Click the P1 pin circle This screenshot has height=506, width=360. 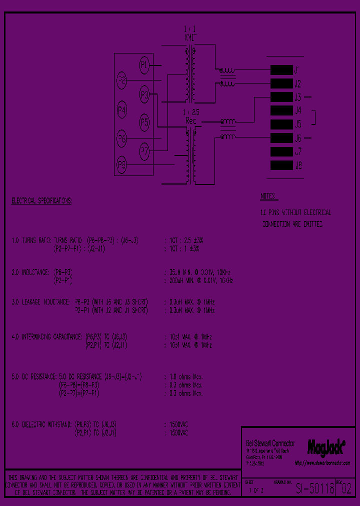(x=144, y=64)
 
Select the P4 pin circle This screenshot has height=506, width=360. (x=121, y=109)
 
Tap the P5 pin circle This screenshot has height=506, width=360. (x=144, y=122)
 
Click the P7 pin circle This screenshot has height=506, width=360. (x=144, y=151)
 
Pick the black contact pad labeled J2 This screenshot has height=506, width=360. (x=281, y=83)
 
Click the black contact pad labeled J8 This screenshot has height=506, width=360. (x=281, y=165)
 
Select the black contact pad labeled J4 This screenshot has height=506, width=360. (x=281, y=110)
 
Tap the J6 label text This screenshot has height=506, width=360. (x=298, y=138)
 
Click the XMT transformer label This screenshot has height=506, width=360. (x=191, y=37)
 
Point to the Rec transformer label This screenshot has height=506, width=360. (x=191, y=120)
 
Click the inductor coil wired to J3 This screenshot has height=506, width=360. (x=228, y=121)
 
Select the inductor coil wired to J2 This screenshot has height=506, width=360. (x=227, y=83)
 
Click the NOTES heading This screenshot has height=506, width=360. (x=269, y=196)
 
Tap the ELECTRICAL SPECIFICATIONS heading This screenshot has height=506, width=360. (x=41, y=201)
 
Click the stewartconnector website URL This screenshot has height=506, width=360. (x=322, y=463)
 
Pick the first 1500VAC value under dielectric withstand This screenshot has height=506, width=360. (x=178, y=424)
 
